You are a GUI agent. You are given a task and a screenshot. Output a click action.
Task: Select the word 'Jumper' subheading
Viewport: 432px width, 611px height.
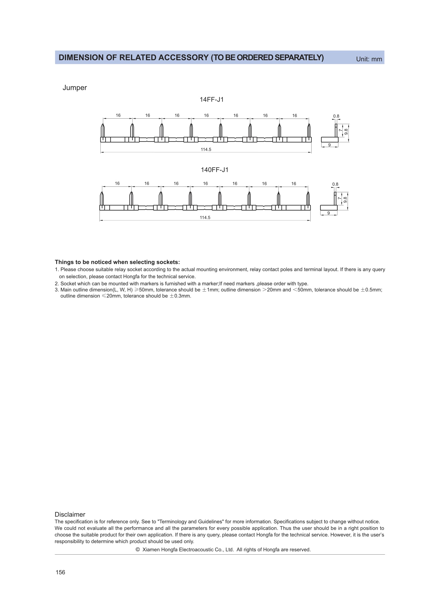click(74, 88)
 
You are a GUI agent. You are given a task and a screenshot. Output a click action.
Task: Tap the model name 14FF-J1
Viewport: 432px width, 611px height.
click(212, 100)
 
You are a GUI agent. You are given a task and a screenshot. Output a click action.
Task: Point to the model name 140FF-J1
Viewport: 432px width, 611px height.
click(214, 170)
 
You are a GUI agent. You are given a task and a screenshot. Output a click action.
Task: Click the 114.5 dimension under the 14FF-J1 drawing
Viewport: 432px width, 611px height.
click(206, 150)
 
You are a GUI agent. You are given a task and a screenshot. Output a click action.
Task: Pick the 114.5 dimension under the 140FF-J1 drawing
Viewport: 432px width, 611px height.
click(205, 218)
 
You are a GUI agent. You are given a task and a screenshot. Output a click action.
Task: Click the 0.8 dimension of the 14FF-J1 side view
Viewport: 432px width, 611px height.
click(336, 116)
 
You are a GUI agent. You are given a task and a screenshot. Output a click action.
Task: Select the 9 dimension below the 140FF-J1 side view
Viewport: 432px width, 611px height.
click(329, 213)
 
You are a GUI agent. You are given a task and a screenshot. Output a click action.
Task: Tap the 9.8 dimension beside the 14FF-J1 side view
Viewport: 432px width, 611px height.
click(346, 132)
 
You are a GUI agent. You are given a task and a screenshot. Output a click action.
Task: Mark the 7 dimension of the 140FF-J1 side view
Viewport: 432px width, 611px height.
click(340, 198)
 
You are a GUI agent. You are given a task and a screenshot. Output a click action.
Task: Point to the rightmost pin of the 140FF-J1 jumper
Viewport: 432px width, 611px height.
click(308, 199)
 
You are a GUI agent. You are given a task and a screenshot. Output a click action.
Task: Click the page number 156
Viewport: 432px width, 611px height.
click(60, 572)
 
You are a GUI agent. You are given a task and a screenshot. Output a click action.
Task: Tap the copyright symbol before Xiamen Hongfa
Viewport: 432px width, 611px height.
click(138, 550)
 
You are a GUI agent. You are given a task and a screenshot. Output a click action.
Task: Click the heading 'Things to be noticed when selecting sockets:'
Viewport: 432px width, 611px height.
click(117, 262)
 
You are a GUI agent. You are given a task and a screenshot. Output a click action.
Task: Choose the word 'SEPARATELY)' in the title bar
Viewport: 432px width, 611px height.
click(299, 57)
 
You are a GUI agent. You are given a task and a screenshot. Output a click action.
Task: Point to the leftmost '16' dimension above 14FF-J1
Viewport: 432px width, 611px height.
click(118, 115)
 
